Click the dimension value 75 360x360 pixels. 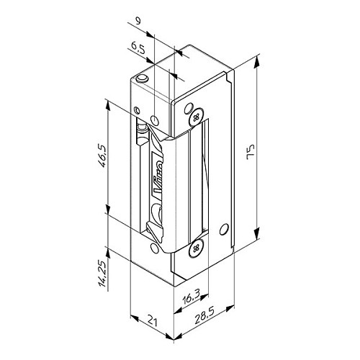pos(251,152)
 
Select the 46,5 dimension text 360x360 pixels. pos(103,156)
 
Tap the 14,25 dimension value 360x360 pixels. pos(103,274)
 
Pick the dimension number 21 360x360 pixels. pos(152,322)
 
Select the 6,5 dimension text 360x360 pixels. pos(138,48)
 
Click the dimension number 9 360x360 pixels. pos(138,22)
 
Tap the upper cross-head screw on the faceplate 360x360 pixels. pos(197,117)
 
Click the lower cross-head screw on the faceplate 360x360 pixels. pos(197,248)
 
